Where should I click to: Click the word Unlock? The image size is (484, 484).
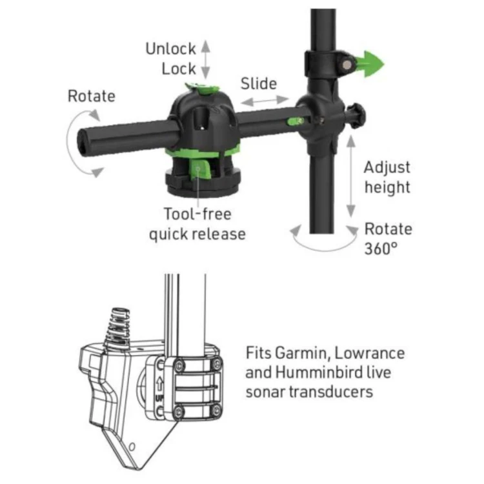coord(171,49)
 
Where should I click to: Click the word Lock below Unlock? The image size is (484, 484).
coord(179,68)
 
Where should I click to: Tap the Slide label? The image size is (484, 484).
coord(259,84)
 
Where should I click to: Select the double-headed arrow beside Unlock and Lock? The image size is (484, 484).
coord(205,59)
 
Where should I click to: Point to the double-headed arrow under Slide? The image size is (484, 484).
coord(265,101)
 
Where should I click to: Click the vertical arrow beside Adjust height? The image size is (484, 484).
coord(350,176)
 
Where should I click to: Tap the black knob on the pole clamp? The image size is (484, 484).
coord(357,116)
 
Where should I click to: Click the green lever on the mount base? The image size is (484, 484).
coord(200,168)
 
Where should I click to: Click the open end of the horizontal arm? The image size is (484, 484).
coord(83,143)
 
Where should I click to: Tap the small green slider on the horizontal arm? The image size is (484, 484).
coord(295,121)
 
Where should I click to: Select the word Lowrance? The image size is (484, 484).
coord(370,353)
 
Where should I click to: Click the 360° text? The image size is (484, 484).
coord(381,248)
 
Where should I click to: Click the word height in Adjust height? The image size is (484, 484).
coord(387,187)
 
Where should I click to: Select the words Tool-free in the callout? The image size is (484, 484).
coord(197,214)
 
